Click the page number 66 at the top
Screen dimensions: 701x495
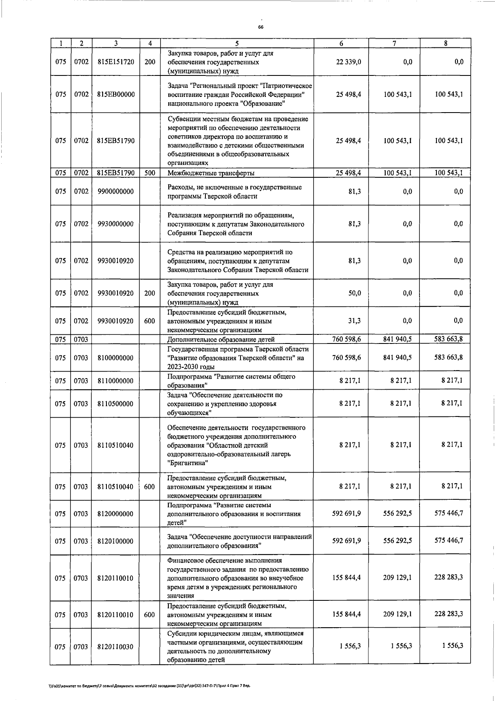pyautogui.click(x=260, y=27)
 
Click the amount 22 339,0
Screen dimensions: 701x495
pyautogui.click(x=349, y=62)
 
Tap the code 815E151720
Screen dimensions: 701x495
pyautogui.click(x=115, y=62)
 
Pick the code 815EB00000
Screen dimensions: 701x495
pyautogui.click(x=115, y=94)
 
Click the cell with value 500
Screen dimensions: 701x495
pyautogui.click(x=150, y=173)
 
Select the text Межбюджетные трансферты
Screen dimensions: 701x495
pyautogui.click(x=210, y=173)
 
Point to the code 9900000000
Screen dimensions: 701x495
pyautogui.click(x=115, y=192)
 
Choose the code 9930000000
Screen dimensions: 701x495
pyautogui.click(x=115, y=224)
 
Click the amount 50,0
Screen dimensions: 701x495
pyautogui.click(x=354, y=293)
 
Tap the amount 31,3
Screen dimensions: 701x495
pyautogui.click(x=354, y=321)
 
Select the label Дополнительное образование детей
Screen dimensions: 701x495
pyautogui.click(x=221, y=339)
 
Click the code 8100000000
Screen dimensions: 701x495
pyautogui.click(x=115, y=358)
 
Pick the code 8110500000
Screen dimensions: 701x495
pyautogui.click(x=115, y=404)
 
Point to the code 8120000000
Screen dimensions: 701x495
pyautogui.click(x=115, y=514)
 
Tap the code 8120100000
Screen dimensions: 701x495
pyautogui.click(x=115, y=541)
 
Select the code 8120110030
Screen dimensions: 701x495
pyautogui.click(x=115, y=647)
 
